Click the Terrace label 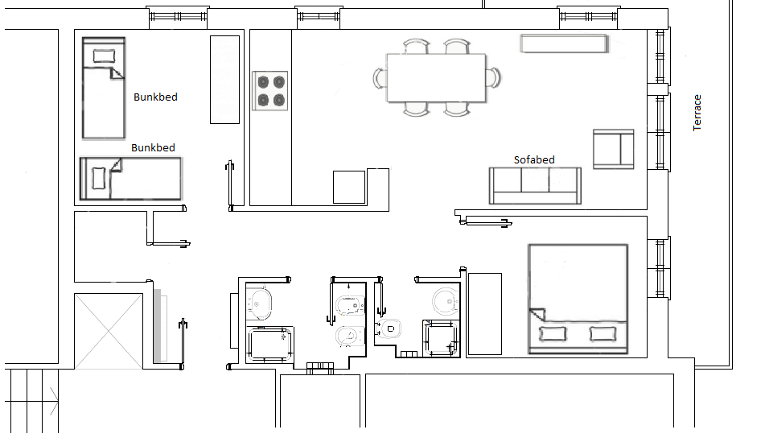click(697, 113)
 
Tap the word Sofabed click(534, 159)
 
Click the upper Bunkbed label click(155, 97)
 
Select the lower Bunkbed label click(153, 147)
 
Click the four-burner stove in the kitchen click(269, 91)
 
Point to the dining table click(436, 78)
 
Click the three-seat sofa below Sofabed click(535, 186)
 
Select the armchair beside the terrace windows click(614, 149)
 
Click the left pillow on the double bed click(553, 334)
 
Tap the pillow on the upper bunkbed click(105, 56)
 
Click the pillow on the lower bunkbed click(99, 178)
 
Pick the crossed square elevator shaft click(109, 331)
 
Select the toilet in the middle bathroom click(390, 328)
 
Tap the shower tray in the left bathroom click(269, 345)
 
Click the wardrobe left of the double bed click(485, 314)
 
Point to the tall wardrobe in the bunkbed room click(225, 80)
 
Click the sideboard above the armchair click(564, 43)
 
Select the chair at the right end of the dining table click(494, 78)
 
